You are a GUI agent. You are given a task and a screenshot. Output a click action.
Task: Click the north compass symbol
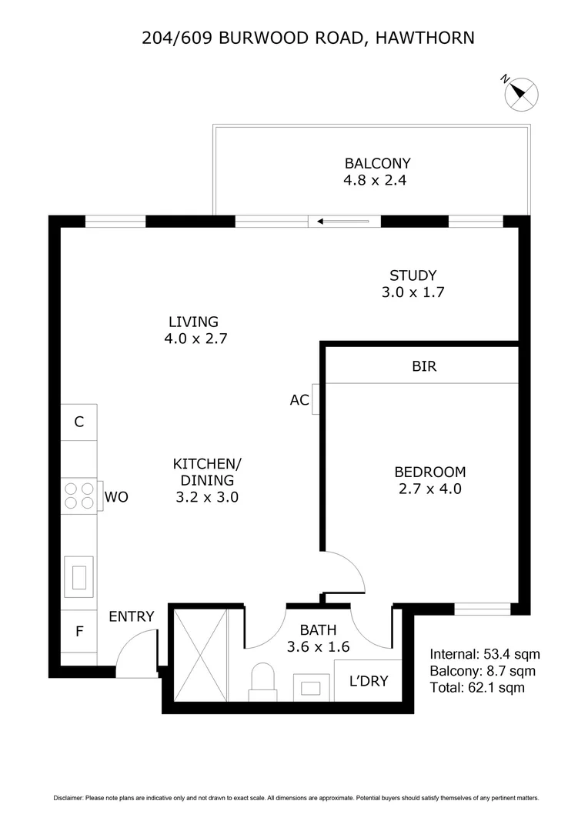tap(521, 93)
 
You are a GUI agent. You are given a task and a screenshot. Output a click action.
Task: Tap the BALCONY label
tap(377, 163)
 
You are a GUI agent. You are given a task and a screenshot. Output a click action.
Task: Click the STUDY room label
tap(413, 275)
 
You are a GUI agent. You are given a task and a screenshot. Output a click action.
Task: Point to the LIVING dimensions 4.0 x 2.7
tap(195, 338)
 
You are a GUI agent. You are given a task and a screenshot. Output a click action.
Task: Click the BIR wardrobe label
tap(424, 366)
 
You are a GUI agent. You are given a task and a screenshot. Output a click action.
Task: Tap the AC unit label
tap(299, 400)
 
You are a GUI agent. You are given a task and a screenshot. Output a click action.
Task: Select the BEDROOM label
tap(429, 472)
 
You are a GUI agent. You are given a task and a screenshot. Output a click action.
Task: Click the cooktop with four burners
tap(79, 496)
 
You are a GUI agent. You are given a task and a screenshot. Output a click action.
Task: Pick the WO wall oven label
tap(116, 497)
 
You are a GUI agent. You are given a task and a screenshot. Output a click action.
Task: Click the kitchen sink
tap(79, 576)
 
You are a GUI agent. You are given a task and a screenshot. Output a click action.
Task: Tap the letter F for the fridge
tap(79, 632)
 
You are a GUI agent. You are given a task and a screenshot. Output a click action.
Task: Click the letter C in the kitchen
tap(79, 422)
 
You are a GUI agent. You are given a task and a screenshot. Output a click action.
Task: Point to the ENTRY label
tap(131, 616)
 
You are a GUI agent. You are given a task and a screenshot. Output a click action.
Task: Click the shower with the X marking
tap(201, 654)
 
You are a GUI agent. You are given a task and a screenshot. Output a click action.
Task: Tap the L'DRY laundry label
tap(369, 681)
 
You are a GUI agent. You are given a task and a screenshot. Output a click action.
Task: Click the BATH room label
tap(319, 630)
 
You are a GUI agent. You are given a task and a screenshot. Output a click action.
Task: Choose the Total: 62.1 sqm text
tap(477, 687)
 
